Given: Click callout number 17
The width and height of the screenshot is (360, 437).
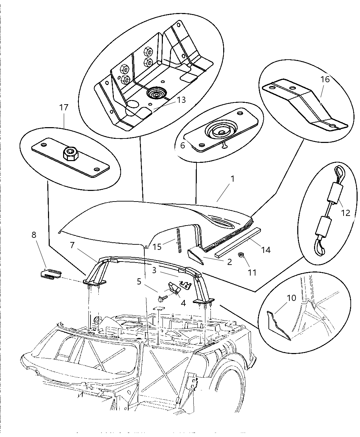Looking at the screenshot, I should click(x=64, y=107).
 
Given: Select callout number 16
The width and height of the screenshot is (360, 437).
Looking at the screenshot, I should click(x=325, y=80).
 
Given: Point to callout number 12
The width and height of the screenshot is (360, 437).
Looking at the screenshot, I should click(x=346, y=213).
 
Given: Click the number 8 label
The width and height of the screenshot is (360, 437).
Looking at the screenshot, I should click(x=34, y=235).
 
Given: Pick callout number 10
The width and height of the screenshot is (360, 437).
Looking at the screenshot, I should click(x=291, y=298).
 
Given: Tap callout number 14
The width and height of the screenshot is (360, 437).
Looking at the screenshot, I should click(x=265, y=250).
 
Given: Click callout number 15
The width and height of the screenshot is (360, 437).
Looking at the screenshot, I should click(x=157, y=247).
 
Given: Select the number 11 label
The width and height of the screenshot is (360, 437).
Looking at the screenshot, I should click(x=252, y=272).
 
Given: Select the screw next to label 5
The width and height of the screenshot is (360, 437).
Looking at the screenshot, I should click(x=161, y=300).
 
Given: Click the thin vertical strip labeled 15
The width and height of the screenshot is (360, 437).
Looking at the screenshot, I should click(x=179, y=240).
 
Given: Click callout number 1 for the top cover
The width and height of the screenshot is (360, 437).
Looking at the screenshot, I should click(x=232, y=179).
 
